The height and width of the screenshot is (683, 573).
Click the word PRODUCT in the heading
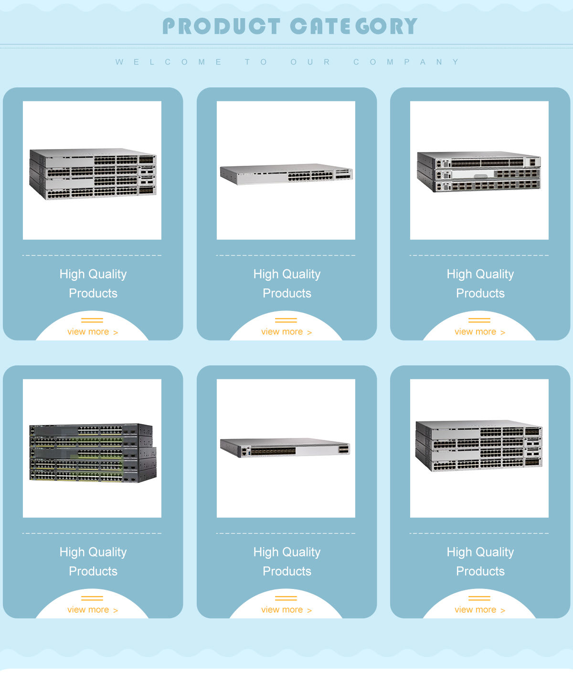pyautogui.click(x=221, y=26)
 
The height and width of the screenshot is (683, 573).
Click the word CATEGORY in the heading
pyautogui.click(x=353, y=26)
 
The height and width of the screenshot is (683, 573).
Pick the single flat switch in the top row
pyautogui.click(x=286, y=174)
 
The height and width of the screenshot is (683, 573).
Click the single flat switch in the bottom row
pyautogui.click(x=286, y=448)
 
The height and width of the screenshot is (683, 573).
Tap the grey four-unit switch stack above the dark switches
pyautogui.click(x=93, y=173)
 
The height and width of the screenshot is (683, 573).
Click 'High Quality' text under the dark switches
pyautogui.click(x=93, y=552)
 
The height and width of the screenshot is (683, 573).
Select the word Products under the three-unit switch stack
pyautogui.click(x=480, y=293)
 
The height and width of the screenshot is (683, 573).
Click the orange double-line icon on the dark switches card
pyautogui.click(x=92, y=598)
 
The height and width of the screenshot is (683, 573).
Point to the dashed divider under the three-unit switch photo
pyautogui.click(x=479, y=255)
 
